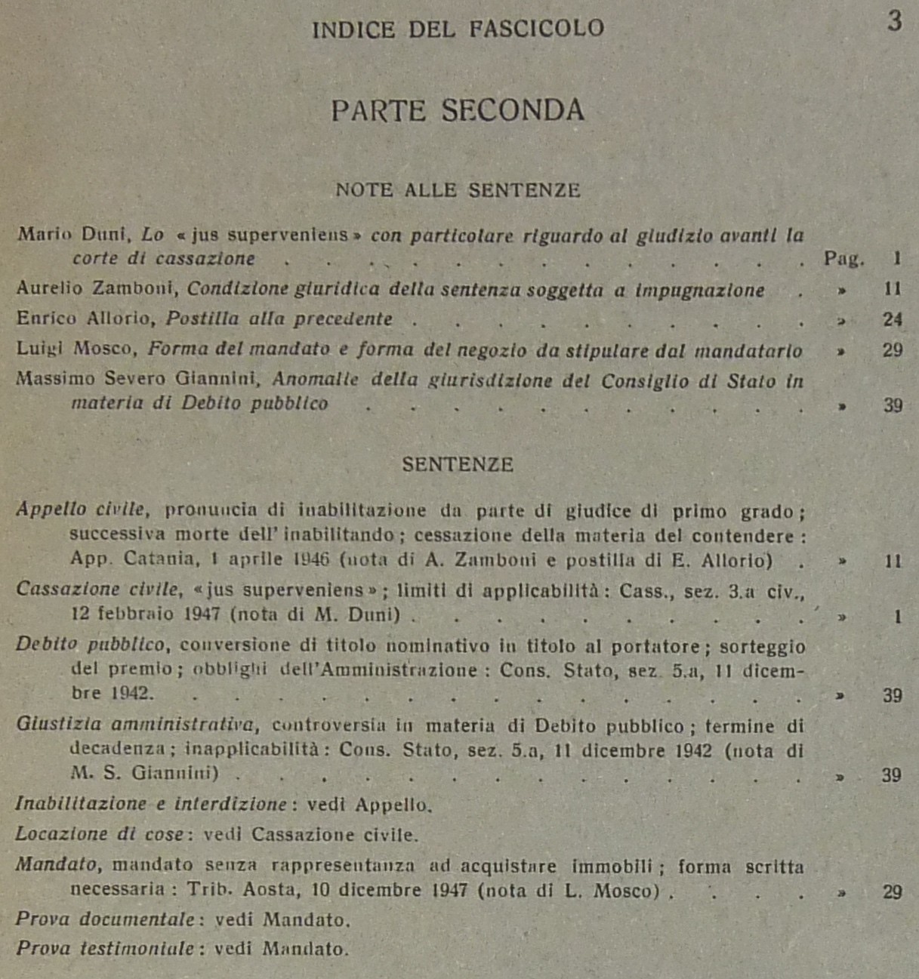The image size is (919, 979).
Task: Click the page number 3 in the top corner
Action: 894,21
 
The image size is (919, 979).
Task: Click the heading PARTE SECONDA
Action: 458,111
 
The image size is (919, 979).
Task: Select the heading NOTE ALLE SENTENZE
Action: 458,190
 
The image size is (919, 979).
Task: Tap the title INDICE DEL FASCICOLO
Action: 458,29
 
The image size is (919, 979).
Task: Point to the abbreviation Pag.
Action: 843,259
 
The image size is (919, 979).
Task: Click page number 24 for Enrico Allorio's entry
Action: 893,320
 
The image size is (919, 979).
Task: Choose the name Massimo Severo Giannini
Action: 137,379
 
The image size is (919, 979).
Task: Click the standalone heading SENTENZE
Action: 458,464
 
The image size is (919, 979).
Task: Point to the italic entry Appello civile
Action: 82,510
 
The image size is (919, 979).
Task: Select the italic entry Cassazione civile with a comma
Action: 99,590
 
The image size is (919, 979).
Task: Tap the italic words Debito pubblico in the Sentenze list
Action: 91,645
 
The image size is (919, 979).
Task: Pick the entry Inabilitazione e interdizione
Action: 151,805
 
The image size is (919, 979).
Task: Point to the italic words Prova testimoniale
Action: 106,949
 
